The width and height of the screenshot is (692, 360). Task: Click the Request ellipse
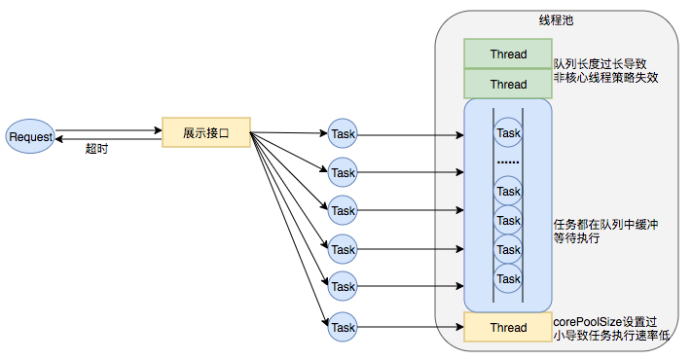click(29, 136)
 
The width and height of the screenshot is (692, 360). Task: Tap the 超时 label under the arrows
click(97, 150)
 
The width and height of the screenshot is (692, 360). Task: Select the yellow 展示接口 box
click(206, 132)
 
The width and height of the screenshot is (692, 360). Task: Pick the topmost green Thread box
click(508, 54)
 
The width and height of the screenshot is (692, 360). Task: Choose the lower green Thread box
click(508, 84)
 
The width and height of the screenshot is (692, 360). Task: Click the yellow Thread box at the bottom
click(508, 327)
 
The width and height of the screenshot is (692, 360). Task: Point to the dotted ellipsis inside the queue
click(508, 160)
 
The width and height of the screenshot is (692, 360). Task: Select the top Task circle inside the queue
click(508, 132)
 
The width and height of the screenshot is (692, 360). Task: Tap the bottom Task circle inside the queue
click(508, 279)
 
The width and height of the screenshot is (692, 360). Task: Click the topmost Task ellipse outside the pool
click(343, 133)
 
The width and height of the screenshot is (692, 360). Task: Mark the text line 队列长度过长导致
click(600, 62)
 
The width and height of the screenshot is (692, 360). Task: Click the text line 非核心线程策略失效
click(605, 78)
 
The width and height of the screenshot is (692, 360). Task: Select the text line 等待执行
click(577, 239)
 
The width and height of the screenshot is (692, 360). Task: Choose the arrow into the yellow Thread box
click(409, 326)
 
